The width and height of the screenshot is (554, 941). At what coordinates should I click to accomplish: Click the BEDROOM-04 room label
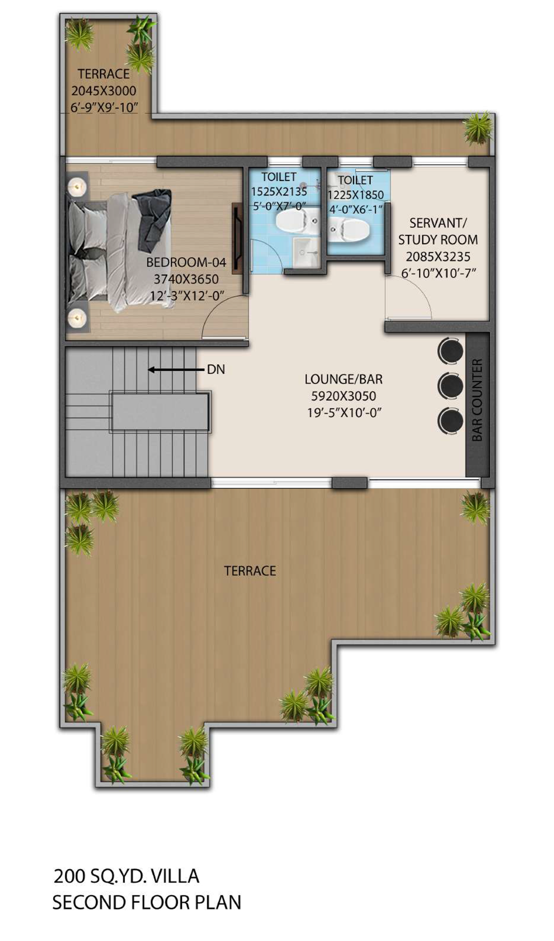pos(186,262)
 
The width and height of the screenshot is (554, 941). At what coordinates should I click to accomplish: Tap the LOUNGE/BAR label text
pos(343,379)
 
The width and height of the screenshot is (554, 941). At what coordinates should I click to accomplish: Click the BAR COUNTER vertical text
pos(477,400)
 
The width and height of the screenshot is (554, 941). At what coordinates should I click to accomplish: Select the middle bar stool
pos(450,385)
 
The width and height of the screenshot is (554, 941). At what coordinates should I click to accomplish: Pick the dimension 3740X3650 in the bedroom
pos(186,279)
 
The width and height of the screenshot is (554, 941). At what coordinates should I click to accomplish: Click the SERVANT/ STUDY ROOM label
pos(437,231)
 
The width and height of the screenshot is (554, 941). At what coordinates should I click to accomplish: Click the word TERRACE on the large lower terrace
pos(250,571)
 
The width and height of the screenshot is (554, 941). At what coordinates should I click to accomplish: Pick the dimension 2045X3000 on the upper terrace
pos(104,91)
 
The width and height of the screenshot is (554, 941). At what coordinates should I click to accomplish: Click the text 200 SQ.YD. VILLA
pos(126,876)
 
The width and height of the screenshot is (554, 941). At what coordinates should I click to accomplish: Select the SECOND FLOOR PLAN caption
pos(147,902)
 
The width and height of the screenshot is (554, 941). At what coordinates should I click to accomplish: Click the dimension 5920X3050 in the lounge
pos(343,396)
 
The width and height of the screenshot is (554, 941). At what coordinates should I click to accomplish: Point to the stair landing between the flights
pos(160,412)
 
